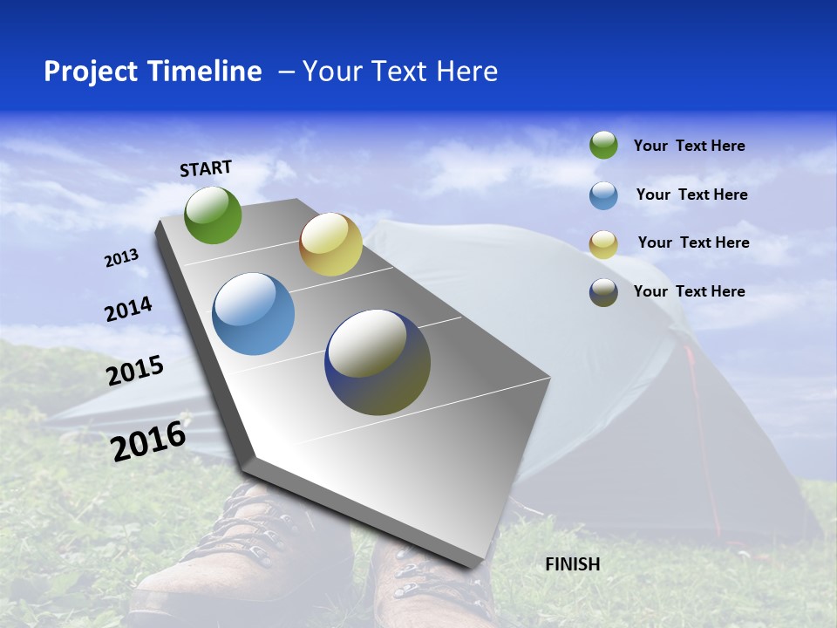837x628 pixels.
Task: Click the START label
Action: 206,168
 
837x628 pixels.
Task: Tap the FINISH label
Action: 572,564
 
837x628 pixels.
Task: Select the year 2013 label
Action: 121,258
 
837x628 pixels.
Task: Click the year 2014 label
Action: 128,309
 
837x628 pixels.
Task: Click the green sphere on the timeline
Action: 213,215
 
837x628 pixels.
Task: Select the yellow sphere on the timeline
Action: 330,244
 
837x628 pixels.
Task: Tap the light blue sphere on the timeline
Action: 254,314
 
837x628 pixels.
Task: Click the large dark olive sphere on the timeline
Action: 378,362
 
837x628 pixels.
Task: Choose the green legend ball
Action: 603,145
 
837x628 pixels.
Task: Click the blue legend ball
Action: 603,195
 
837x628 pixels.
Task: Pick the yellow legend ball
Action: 603,244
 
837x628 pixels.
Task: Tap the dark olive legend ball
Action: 603,292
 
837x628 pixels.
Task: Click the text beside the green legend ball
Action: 689,146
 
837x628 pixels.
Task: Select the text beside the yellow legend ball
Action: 693,242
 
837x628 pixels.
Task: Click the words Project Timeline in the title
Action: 153,72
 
